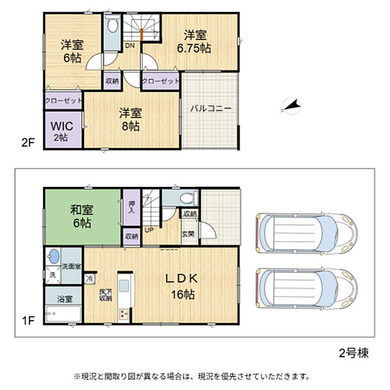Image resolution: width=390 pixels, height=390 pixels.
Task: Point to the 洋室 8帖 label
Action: (x=131, y=120)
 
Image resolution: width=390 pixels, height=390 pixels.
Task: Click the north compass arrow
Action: (x=290, y=107)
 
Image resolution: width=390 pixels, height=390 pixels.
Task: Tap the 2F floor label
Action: (x=26, y=142)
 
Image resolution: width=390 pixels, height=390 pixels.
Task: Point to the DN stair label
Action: (x=130, y=46)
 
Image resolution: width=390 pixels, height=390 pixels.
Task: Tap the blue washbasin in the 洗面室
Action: (x=53, y=257)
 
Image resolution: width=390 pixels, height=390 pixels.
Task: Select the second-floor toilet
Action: (x=112, y=27)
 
